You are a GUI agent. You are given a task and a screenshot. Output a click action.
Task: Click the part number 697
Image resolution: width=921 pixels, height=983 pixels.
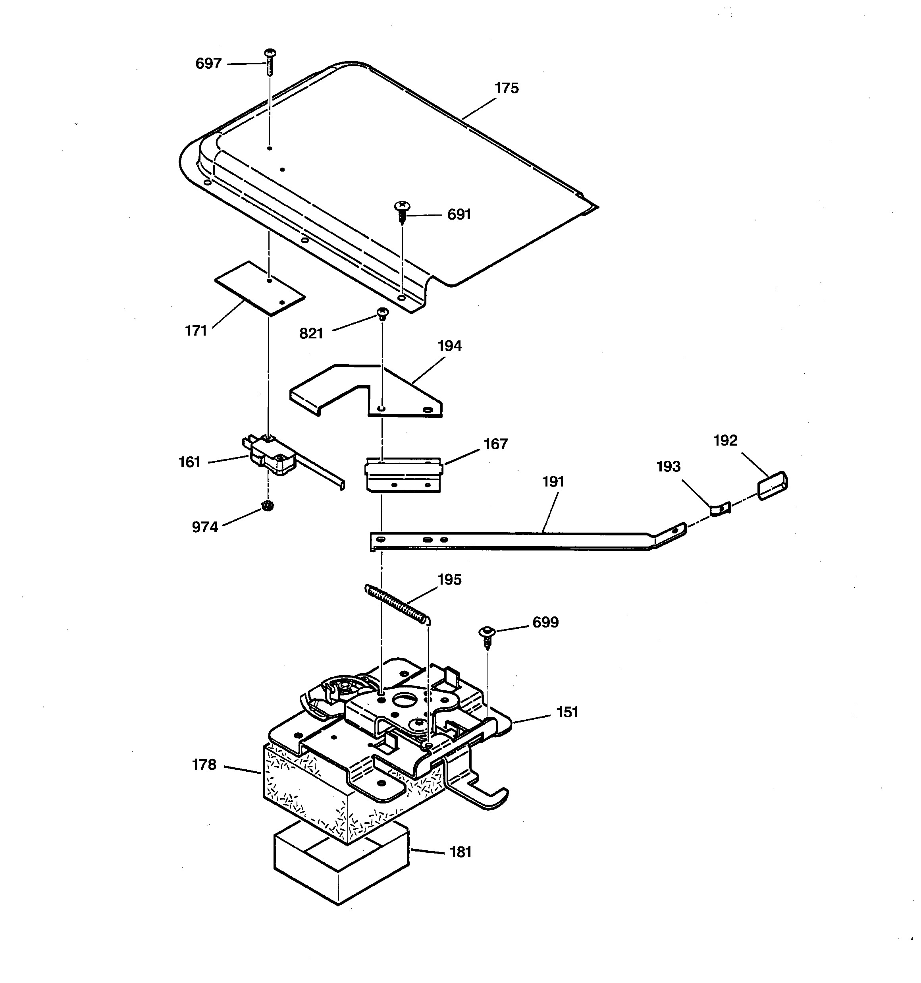coord(208,64)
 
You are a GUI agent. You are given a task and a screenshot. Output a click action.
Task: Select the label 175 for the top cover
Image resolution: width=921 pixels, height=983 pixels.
coord(506,89)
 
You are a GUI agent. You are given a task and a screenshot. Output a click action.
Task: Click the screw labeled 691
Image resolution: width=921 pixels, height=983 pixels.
coord(403,212)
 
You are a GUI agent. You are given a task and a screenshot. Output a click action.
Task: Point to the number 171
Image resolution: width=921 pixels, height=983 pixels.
coord(196,331)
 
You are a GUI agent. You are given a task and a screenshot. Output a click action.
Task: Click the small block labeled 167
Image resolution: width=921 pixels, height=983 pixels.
coord(403,475)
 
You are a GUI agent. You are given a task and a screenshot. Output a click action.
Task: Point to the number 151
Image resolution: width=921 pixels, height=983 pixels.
coord(567,712)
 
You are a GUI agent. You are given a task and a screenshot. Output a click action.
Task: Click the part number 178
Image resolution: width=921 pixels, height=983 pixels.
coord(204,765)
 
